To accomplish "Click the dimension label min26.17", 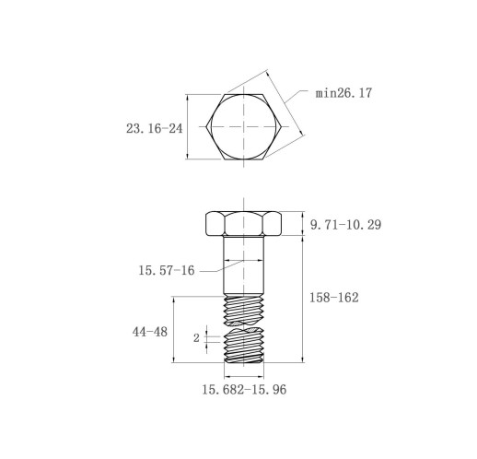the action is pyautogui.click(x=343, y=93).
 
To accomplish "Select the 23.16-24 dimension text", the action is pyautogui.click(x=154, y=128).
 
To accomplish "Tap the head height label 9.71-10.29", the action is pyautogui.click(x=345, y=225).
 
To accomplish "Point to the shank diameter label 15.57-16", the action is pyautogui.click(x=167, y=270).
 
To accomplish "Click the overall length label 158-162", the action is pyautogui.click(x=333, y=298).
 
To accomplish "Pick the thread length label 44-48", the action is pyautogui.click(x=150, y=332).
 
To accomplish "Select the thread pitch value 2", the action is pyautogui.click(x=196, y=338).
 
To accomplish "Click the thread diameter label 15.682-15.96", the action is pyautogui.click(x=244, y=390).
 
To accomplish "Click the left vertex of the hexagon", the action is pyautogui.click(x=206, y=126).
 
